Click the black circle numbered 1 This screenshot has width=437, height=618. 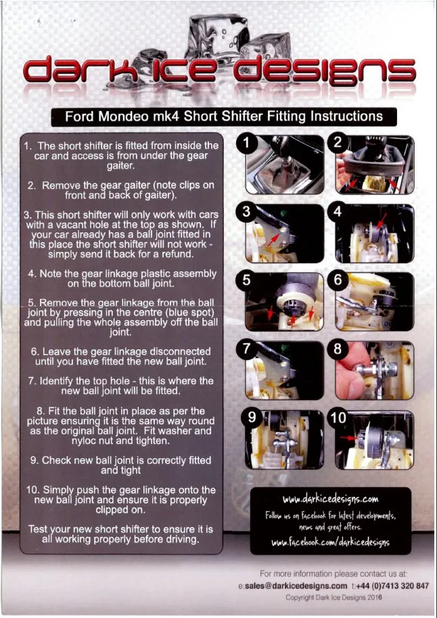click(x=246, y=143)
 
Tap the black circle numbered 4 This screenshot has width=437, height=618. click(x=338, y=212)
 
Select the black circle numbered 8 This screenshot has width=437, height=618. click(x=338, y=349)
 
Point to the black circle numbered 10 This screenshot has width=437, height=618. click(x=338, y=418)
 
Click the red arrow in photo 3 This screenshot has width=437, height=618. click(x=273, y=239)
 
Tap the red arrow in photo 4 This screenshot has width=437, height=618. click(x=382, y=221)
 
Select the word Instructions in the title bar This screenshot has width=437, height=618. click(x=346, y=116)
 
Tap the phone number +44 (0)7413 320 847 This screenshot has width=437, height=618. click(x=391, y=586)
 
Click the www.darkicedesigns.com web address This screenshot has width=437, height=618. click(x=330, y=500)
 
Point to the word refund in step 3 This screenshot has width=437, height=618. click(x=178, y=255)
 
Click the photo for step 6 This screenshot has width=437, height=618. click(x=374, y=301)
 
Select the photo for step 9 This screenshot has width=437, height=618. click(x=285, y=439)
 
